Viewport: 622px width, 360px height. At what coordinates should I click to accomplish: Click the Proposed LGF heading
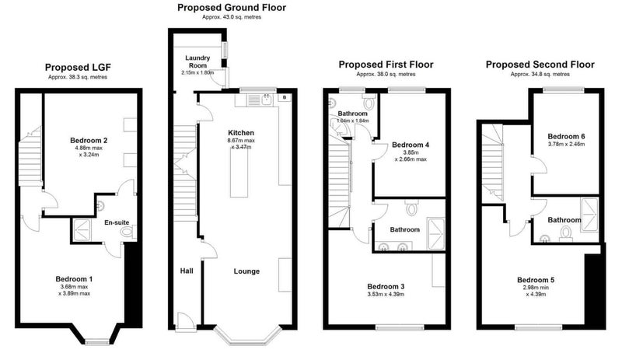pos(78,68)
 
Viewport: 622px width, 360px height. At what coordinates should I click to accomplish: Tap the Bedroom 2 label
pos(89,141)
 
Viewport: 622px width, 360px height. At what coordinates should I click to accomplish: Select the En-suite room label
pos(117,222)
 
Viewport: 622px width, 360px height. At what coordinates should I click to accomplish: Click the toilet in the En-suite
pos(129,232)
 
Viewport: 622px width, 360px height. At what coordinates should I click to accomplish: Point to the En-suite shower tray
pos(82,230)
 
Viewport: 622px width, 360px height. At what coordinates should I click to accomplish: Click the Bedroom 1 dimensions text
pos(74,290)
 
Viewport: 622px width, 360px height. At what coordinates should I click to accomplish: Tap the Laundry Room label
pos(197,61)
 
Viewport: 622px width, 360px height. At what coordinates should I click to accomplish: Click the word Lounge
pos(246,271)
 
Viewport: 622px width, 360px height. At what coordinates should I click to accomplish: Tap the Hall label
pos(187,271)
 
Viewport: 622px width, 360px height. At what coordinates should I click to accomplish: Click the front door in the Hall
pos(185,321)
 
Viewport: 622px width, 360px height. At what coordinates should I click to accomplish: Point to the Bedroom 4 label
pos(411,145)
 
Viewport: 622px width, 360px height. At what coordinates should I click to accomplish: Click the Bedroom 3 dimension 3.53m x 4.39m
pos(386,295)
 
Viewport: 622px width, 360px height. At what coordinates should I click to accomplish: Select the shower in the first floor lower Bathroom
pos(435,234)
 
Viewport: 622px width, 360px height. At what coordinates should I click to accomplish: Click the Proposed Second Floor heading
pos(540,65)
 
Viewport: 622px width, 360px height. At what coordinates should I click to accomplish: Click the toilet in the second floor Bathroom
pos(564,233)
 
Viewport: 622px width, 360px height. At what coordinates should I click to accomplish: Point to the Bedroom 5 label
pos(536,280)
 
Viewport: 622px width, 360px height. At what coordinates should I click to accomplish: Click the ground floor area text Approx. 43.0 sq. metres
pos(232,17)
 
